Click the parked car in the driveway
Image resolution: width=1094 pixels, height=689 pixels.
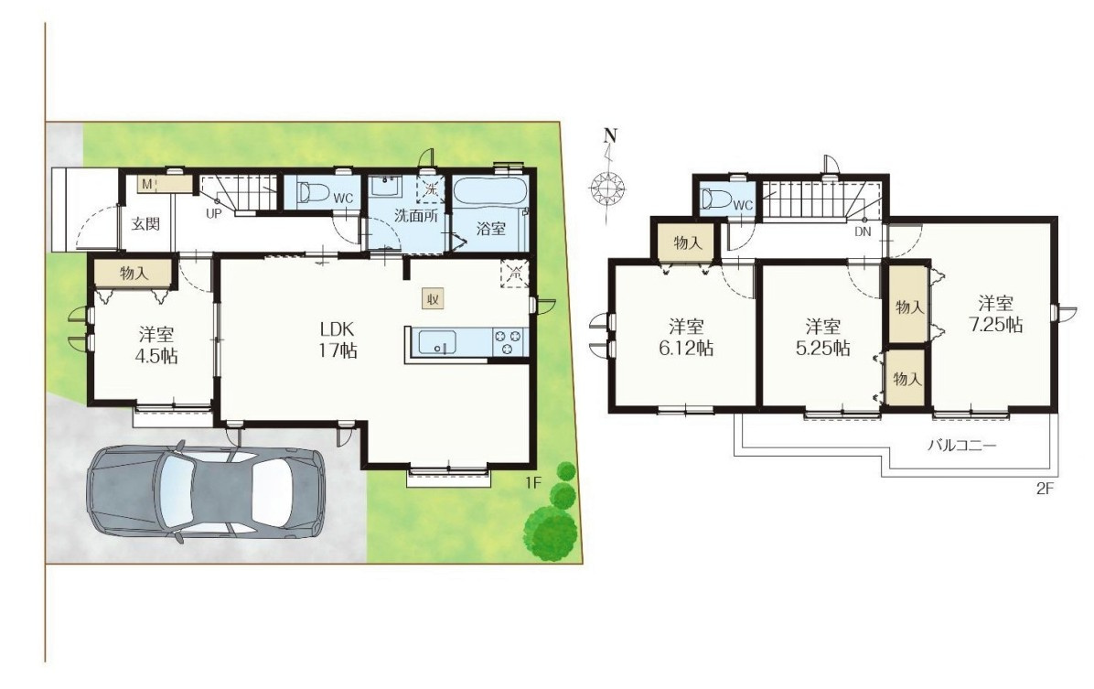[205, 494]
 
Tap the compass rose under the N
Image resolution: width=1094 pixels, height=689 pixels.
[606, 187]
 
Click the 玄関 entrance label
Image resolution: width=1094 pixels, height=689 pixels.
[145, 224]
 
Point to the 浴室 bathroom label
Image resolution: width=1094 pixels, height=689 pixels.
[490, 228]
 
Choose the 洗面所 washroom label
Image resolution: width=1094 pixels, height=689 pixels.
[415, 216]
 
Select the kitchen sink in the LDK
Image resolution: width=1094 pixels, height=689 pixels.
[437, 343]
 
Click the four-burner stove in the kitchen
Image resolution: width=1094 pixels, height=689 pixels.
[508, 342]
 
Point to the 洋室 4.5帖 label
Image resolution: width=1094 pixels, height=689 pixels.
[156, 345]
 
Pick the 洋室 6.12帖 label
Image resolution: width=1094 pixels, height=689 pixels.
[686, 337]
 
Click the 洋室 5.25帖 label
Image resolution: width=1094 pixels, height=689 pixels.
[822, 337]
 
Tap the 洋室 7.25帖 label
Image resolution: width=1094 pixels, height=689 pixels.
[995, 314]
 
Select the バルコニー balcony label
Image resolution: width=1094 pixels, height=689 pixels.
[962, 445]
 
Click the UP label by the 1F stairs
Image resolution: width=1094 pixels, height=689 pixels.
[213, 213]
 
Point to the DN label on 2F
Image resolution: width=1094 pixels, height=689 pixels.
[863, 231]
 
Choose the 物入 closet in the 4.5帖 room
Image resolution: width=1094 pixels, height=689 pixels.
[133, 273]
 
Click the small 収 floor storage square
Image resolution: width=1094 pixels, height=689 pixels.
[433, 299]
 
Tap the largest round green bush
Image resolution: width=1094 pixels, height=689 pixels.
[551, 533]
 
